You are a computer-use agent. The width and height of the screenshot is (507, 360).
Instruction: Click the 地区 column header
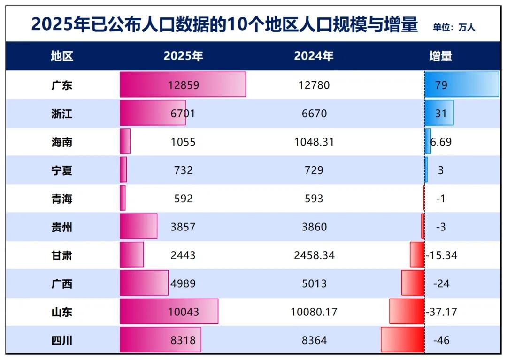tap(62, 56)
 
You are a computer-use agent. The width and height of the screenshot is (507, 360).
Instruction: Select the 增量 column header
tap(440, 56)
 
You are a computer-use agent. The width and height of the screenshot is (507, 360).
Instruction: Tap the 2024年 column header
tap(314, 56)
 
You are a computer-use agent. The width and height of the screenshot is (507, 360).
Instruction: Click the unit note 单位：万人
tap(453, 27)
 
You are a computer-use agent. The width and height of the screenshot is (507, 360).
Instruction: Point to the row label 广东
tap(62, 85)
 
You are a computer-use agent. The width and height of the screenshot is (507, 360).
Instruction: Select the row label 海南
tap(62, 142)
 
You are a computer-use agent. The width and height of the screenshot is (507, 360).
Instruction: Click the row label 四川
tap(62, 340)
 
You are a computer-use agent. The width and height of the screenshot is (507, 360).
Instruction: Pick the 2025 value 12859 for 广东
tap(184, 85)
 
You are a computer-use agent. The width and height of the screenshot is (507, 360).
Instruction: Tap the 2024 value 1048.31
tap(314, 142)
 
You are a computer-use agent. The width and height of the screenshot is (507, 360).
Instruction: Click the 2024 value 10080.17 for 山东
tap(314, 312)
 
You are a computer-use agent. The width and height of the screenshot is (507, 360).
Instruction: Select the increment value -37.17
tap(441, 312)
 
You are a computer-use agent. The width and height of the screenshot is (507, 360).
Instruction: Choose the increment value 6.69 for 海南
tap(441, 142)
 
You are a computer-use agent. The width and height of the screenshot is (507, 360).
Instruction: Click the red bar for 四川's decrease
tap(402, 340)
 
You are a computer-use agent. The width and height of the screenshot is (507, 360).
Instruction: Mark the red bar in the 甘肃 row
tap(417, 255)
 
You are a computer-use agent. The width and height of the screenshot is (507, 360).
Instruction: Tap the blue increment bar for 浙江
tap(439, 113)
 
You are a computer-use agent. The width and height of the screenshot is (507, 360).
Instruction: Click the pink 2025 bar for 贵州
tap(138, 226)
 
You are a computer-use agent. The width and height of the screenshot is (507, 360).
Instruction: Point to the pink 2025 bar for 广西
tap(144, 283)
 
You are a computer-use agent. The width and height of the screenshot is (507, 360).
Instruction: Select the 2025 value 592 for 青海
tap(183, 199)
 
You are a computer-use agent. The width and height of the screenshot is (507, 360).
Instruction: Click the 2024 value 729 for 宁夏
tap(314, 170)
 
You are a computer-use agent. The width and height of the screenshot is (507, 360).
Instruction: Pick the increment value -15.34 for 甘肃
tap(441, 255)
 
